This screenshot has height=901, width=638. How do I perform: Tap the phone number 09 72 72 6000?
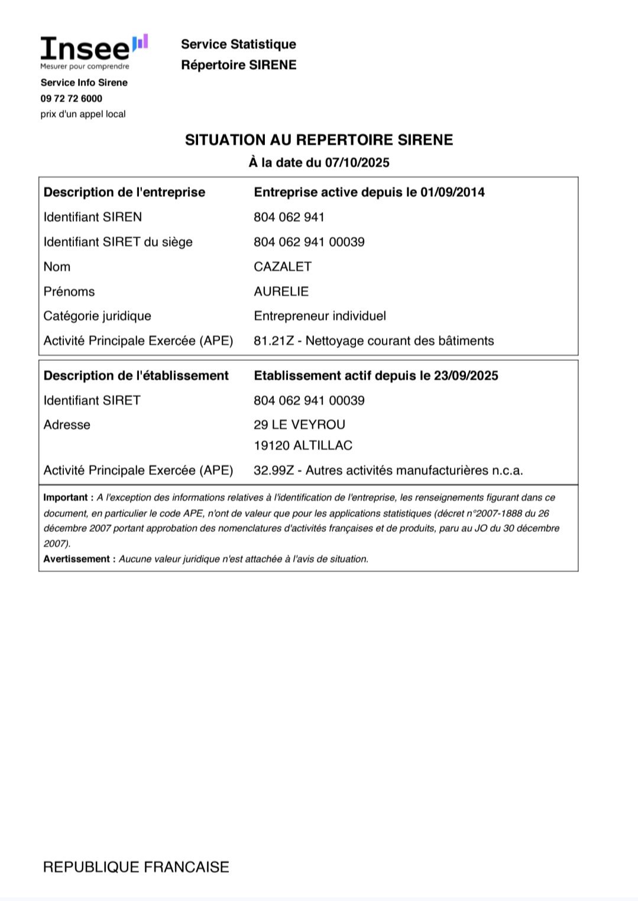coord(72,98)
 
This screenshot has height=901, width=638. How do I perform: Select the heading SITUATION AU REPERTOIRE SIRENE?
coord(319,140)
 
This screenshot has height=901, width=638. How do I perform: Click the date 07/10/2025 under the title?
coord(357,163)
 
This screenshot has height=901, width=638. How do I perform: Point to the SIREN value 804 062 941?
coord(289,217)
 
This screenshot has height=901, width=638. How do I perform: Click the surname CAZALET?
coord(283,267)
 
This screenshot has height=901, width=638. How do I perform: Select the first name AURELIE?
coord(281,292)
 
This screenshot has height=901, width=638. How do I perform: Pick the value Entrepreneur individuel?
coord(320,316)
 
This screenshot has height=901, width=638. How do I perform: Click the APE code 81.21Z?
coord(273,341)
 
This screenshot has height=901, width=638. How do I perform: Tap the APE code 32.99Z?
coord(273,470)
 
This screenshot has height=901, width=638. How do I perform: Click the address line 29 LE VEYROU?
coord(299,425)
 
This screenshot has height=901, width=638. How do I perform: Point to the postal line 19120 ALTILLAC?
coord(303,445)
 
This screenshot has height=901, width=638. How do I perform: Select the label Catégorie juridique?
coord(98,316)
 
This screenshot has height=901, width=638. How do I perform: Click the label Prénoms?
coord(69,292)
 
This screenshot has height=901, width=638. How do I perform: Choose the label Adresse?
coord(67,425)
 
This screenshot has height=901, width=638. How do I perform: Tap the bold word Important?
coord(65,498)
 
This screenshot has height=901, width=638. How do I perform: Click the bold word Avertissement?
coord(76,559)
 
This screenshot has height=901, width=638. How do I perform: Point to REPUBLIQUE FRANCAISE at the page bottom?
coord(136,867)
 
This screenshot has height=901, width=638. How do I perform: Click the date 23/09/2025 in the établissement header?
coord(466,376)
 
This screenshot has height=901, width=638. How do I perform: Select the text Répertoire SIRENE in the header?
coord(239,65)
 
